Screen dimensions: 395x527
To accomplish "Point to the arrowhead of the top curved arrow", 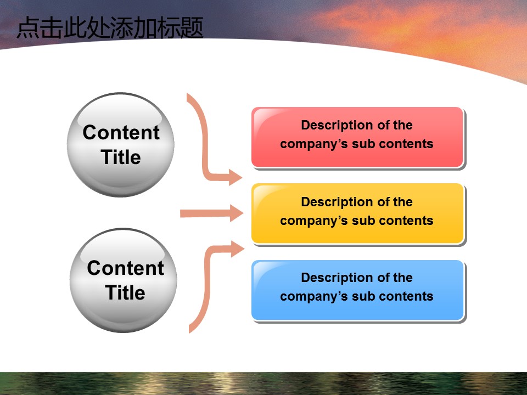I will click(236, 177).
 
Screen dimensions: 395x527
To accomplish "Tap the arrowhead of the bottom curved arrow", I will click(237, 249).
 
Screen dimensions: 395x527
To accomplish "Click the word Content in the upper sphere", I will click(121, 133).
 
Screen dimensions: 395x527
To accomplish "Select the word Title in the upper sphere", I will click(121, 157).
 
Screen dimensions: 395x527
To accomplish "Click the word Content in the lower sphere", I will click(125, 268).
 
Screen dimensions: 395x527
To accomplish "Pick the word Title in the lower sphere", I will click(125, 292).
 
